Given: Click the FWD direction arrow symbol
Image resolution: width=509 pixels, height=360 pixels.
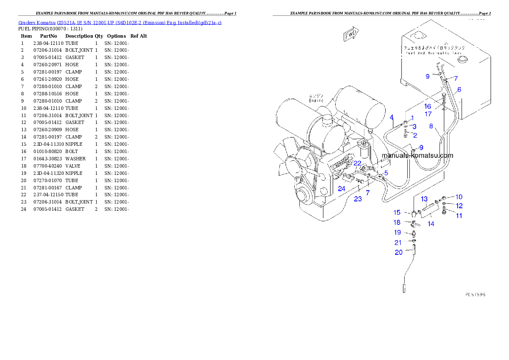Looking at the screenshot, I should (x=351, y=35).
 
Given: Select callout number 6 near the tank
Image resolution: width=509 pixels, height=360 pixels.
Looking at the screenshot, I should (x=459, y=89).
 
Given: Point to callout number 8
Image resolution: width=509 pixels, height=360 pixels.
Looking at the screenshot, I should (x=431, y=126).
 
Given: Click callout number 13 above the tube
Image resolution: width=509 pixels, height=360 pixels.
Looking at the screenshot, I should (x=424, y=199).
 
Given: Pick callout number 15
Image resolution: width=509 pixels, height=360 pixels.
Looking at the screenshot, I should (x=397, y=212).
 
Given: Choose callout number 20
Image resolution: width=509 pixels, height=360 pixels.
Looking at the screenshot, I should (x=399, y=252).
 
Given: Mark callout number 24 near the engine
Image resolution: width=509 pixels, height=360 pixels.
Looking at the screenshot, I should (x=341, y=188).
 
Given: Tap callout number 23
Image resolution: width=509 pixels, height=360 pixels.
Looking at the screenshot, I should (x=358, y=199).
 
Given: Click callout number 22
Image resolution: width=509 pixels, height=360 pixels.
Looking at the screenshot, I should (x=358, y=163).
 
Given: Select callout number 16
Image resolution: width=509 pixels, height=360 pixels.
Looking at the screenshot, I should (x=428, y=106).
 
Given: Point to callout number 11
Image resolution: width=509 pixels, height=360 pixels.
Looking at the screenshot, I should (x=459, y=216).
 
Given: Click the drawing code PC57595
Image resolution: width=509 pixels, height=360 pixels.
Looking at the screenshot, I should (x=475, y=295).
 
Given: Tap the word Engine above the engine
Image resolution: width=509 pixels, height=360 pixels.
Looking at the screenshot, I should (x=316, y=100).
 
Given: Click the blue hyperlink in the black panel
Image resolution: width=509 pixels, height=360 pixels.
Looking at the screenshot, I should (x=120, y=22).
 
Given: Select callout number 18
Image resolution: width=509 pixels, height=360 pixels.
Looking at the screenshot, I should (x=397, y=222).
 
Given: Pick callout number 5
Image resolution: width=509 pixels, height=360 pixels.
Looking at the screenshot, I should (x=386, y=173).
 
